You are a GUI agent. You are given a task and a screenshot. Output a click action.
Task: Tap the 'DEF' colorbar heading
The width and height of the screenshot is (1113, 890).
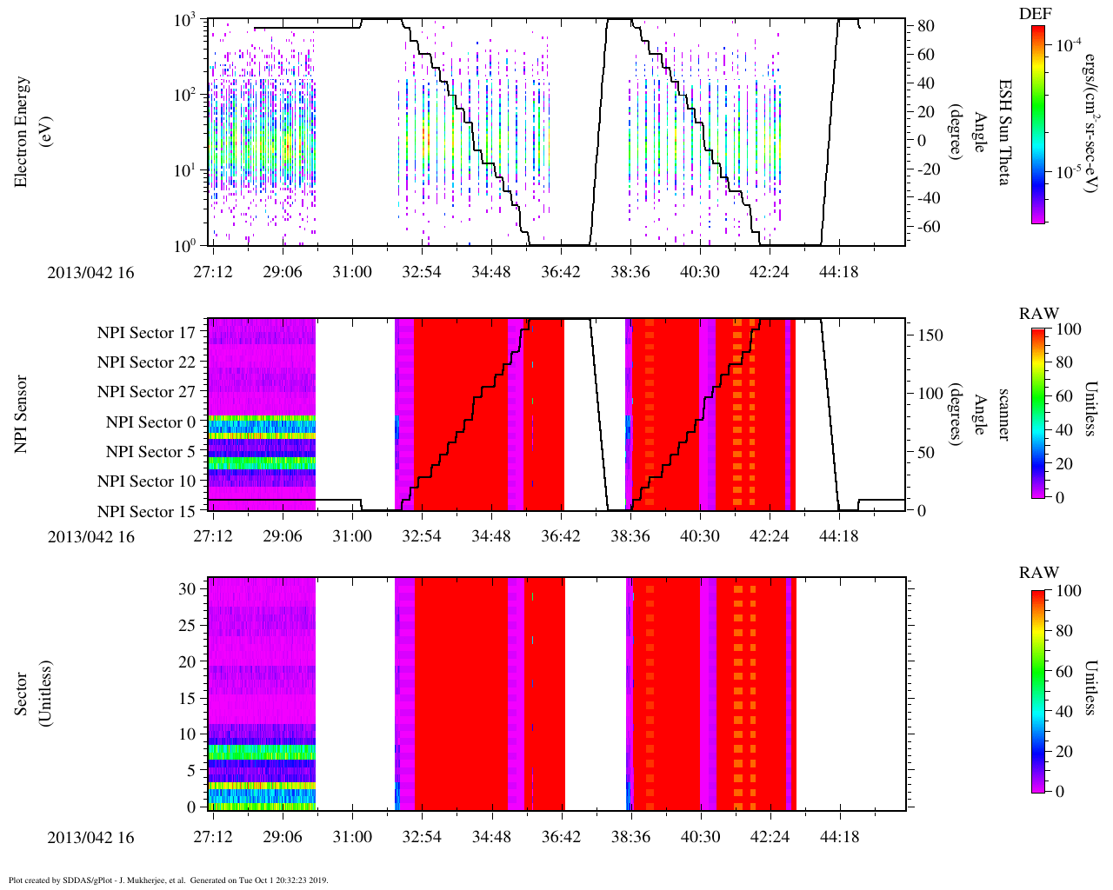click(1035, 14)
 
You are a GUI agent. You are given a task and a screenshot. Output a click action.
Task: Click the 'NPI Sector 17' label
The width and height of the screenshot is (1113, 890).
click(146, 333)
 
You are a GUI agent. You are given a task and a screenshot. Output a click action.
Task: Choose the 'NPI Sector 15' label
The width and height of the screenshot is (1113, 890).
click(146, 512)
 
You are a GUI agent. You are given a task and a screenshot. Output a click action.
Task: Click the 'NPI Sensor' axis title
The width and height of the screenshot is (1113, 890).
click(22, 414)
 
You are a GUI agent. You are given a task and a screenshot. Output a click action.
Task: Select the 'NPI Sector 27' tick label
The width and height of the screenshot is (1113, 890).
click(146, 392)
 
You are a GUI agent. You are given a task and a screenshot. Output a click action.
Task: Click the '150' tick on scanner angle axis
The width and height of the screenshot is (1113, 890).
click(931, 335)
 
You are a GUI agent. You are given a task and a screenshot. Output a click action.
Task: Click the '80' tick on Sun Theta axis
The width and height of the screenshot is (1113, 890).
click(926, 27)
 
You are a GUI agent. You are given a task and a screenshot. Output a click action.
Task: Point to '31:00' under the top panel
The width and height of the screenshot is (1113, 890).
click(351, 272)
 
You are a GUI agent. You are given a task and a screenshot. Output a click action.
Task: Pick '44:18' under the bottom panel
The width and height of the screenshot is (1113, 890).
click(838, 838)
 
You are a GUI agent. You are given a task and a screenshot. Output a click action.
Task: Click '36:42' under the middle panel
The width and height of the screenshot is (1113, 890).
click(560, 536)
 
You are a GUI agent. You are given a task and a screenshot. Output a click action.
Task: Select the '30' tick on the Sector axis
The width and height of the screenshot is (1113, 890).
click(188, 588)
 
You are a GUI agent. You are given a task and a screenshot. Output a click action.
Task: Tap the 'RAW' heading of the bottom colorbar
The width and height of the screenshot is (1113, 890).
click(1039, 573)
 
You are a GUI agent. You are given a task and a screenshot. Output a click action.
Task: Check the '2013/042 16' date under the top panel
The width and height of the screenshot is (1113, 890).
click(91, 272)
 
